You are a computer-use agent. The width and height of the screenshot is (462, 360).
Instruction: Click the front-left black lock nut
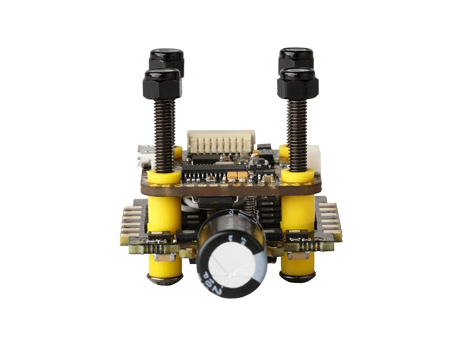click(162, 84)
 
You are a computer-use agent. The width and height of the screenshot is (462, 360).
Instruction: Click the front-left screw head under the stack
click(164, 279)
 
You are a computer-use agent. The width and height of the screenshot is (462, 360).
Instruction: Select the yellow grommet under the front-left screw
click(164, 176)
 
